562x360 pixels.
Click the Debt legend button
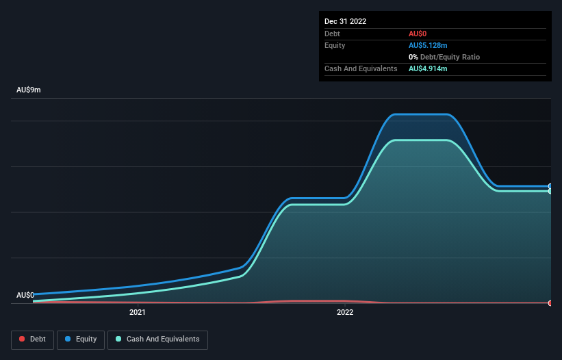34,339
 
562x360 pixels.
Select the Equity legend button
80,339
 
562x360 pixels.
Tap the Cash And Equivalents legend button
157,339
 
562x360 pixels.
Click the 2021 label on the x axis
138,313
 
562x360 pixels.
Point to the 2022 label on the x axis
345,313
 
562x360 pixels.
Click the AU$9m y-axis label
29,90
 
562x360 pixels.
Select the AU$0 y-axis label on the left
25,295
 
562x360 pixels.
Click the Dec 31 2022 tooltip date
345,21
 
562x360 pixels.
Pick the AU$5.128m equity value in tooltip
428,45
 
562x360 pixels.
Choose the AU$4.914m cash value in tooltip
428,69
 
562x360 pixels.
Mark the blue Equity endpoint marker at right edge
550,186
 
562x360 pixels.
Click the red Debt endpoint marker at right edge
550,303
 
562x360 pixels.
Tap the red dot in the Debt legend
23,339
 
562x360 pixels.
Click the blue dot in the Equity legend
69,339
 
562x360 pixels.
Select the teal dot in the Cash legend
119,339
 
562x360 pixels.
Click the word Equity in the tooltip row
335,45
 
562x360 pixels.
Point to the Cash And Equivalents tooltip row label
361,69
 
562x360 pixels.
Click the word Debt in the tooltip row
332,34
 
